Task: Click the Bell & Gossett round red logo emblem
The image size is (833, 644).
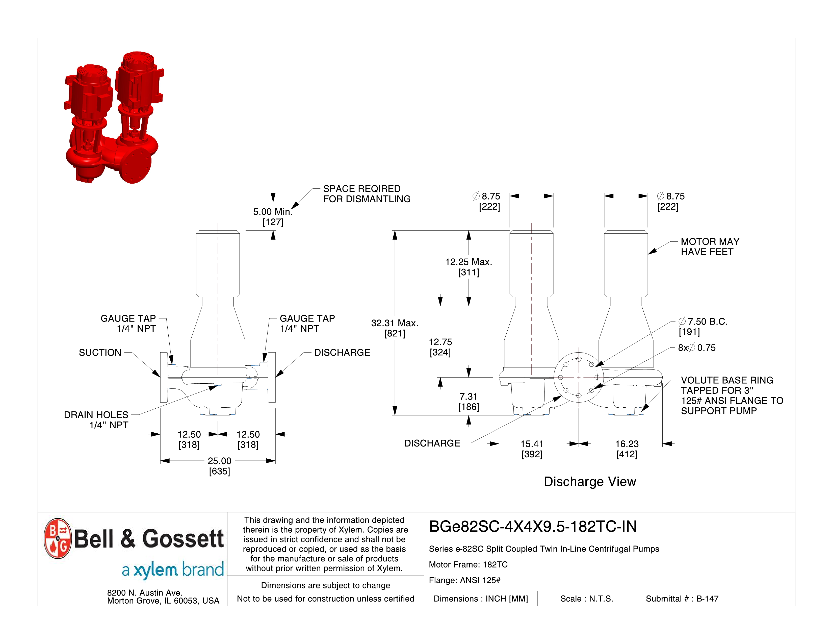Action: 58,538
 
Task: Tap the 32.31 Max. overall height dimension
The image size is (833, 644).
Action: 395,328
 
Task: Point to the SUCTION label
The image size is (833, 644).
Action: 100,353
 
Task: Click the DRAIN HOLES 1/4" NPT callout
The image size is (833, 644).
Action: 96,420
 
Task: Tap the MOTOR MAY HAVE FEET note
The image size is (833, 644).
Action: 710,247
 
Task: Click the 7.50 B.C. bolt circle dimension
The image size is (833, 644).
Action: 703,326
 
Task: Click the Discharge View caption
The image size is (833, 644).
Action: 590,481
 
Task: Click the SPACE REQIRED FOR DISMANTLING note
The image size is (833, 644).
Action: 366,194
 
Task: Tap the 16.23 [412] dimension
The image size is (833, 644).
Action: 627,449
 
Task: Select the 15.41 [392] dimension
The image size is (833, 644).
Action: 532,449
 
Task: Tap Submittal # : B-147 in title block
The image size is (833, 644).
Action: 682,599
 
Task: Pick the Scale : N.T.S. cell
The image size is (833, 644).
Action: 587,599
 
